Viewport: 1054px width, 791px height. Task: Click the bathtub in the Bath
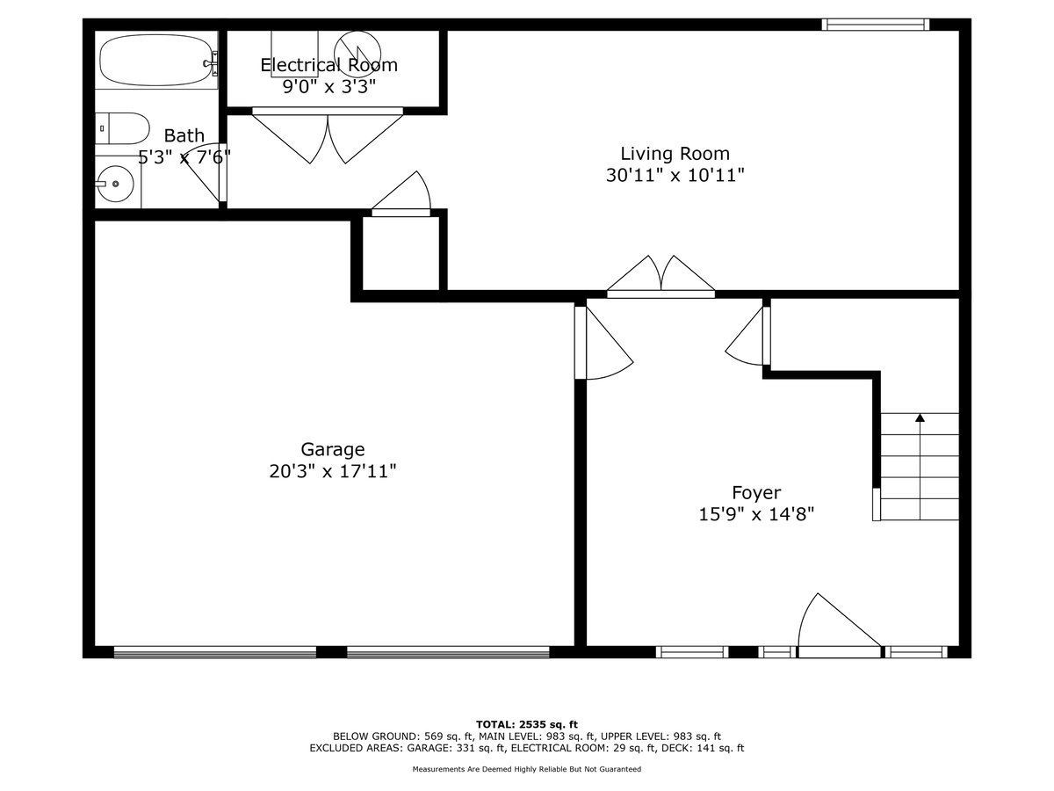pos(156,60)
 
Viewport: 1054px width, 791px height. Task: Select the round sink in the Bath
pos(116,185)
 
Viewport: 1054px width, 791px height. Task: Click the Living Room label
pos(675,154)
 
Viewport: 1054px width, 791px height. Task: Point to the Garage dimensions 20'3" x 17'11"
pos(333,471)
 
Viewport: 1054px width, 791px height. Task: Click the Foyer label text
pos(756,493)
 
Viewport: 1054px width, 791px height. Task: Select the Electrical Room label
pos(328,65)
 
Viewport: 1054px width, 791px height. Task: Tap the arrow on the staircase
pos(920,418)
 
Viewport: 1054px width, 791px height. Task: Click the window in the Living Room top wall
pos(875,25)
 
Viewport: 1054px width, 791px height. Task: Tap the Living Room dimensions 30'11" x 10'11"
pos(675,175)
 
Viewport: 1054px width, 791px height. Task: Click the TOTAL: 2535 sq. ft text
pos(527,724)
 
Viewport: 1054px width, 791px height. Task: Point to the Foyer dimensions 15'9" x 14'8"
pos(756,514)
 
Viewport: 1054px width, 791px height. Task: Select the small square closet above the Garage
pos(400,256)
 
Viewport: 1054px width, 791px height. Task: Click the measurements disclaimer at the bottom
pos(527,769)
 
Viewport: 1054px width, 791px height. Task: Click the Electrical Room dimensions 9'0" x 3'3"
pos(328,86)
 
